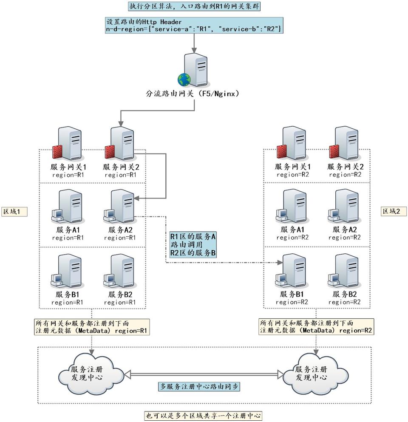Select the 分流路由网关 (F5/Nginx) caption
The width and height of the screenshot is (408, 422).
tap(193, 93)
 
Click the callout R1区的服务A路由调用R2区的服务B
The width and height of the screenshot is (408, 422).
tap(193, 244)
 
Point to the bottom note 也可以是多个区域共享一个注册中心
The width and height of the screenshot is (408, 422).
tap(203, 415)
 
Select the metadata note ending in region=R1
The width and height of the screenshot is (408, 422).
tap(91, 327)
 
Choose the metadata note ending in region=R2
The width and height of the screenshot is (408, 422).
tap(316, 327)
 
